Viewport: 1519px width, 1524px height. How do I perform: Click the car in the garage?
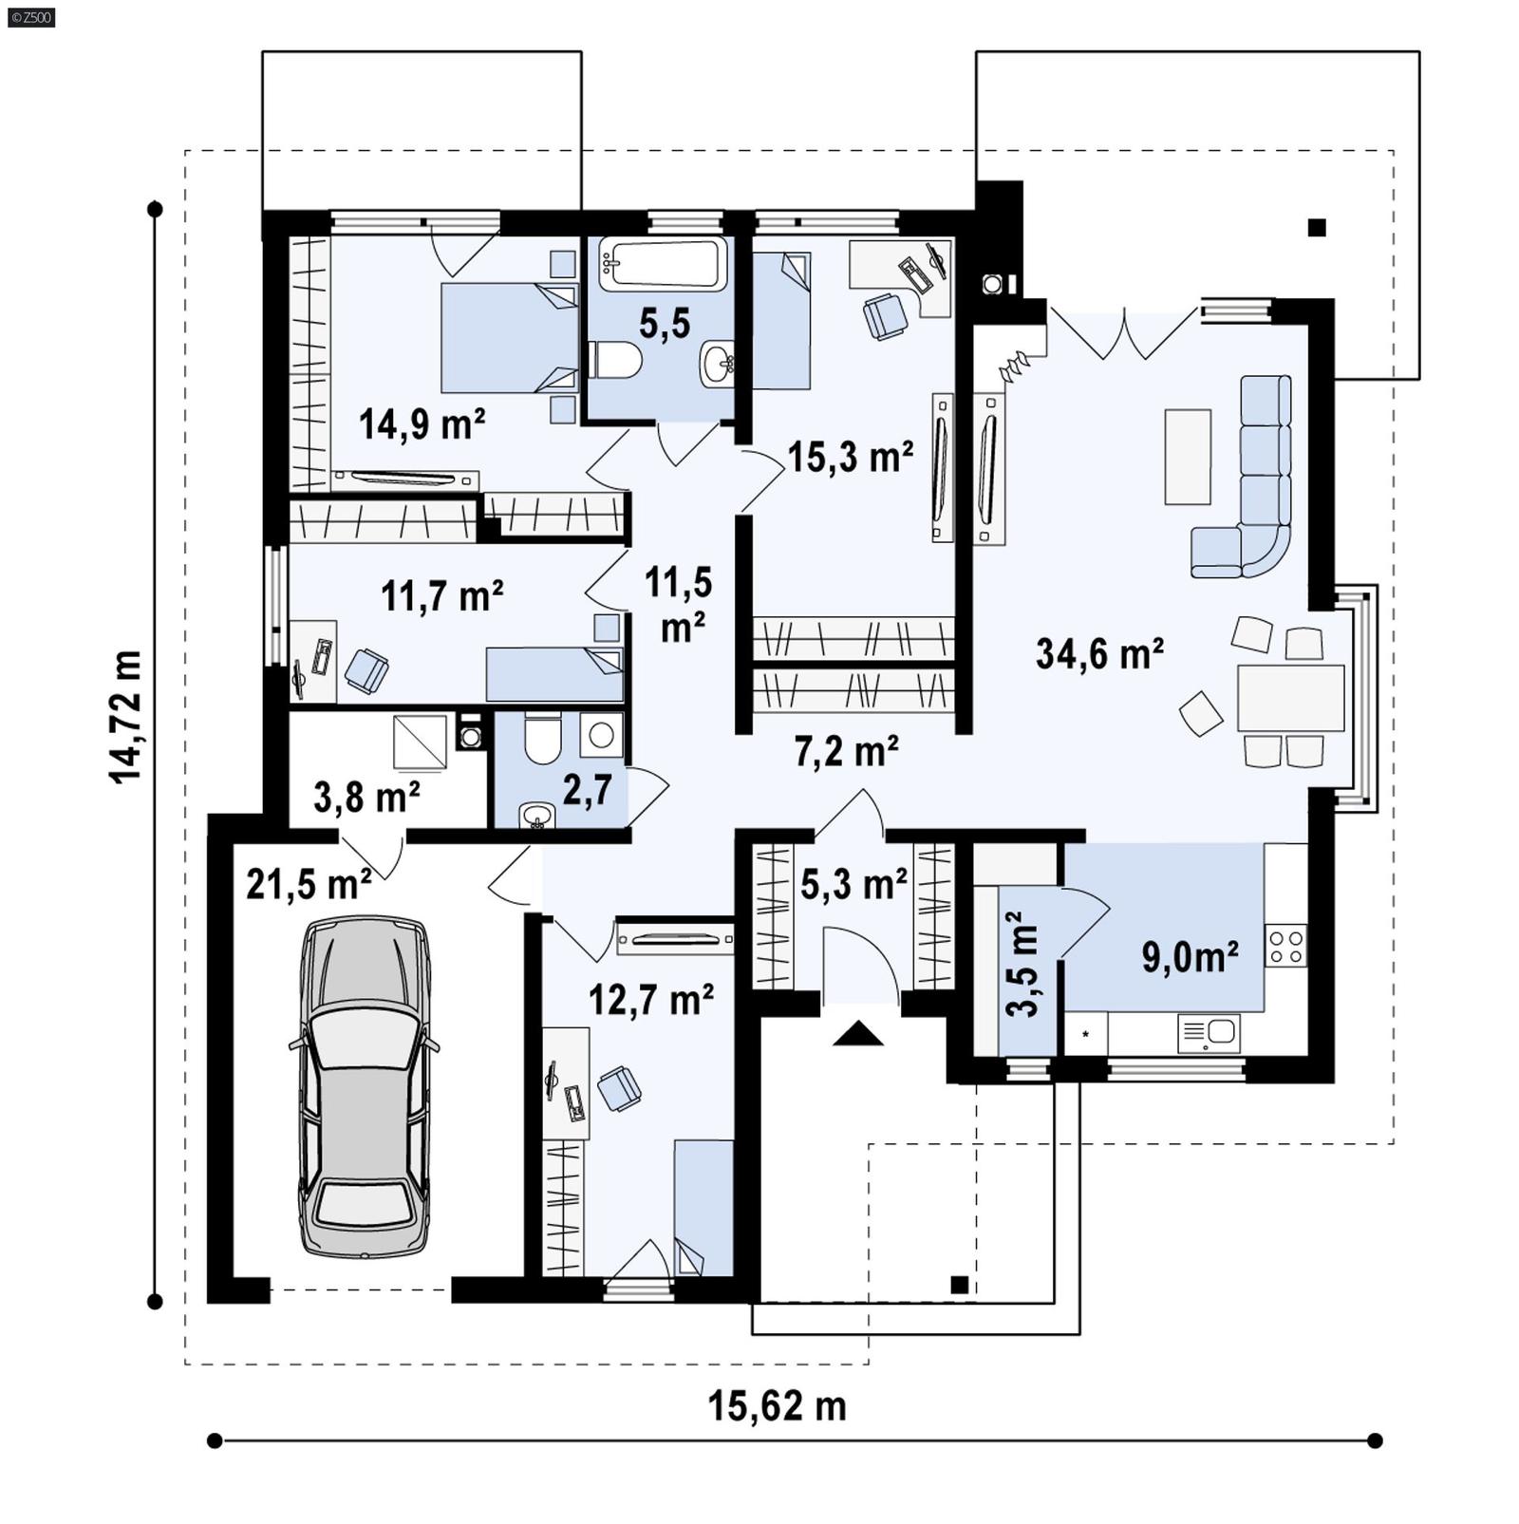click(x=365, y=1086)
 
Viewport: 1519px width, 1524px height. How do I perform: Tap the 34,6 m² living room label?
click(x=1099, y=654)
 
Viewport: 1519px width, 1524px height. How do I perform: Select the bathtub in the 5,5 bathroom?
click(x=664, y=263)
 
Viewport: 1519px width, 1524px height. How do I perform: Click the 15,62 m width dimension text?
click(x=777, y=1406)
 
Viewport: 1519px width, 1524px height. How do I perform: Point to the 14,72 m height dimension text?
click(x=125, y=717)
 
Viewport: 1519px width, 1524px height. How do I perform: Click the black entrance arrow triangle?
click(x=858, y=1033)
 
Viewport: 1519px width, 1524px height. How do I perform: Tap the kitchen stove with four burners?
click(x=1285, y=947)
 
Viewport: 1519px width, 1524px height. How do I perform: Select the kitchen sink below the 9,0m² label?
click(x=1208, y=1033)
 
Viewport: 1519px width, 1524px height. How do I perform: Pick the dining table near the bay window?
click(x=1290, y=698)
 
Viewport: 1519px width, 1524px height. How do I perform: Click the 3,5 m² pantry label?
click(x=1022, y=965)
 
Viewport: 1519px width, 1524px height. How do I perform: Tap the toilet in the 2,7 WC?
click(x=543, y=741)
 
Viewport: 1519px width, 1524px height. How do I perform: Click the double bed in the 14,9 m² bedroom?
click(x=510, y=338)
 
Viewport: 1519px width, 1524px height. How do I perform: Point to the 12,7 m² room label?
click(x=651, y=1000)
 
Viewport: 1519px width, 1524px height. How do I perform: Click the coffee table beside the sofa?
click(x=1188, y=457)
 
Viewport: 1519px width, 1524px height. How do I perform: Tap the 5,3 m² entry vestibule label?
click(x=853, y=884)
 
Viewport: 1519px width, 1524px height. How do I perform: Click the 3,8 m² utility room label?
click(x=366, y=798)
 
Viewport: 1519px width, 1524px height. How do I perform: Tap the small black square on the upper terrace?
click(x=1316, y=227)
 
